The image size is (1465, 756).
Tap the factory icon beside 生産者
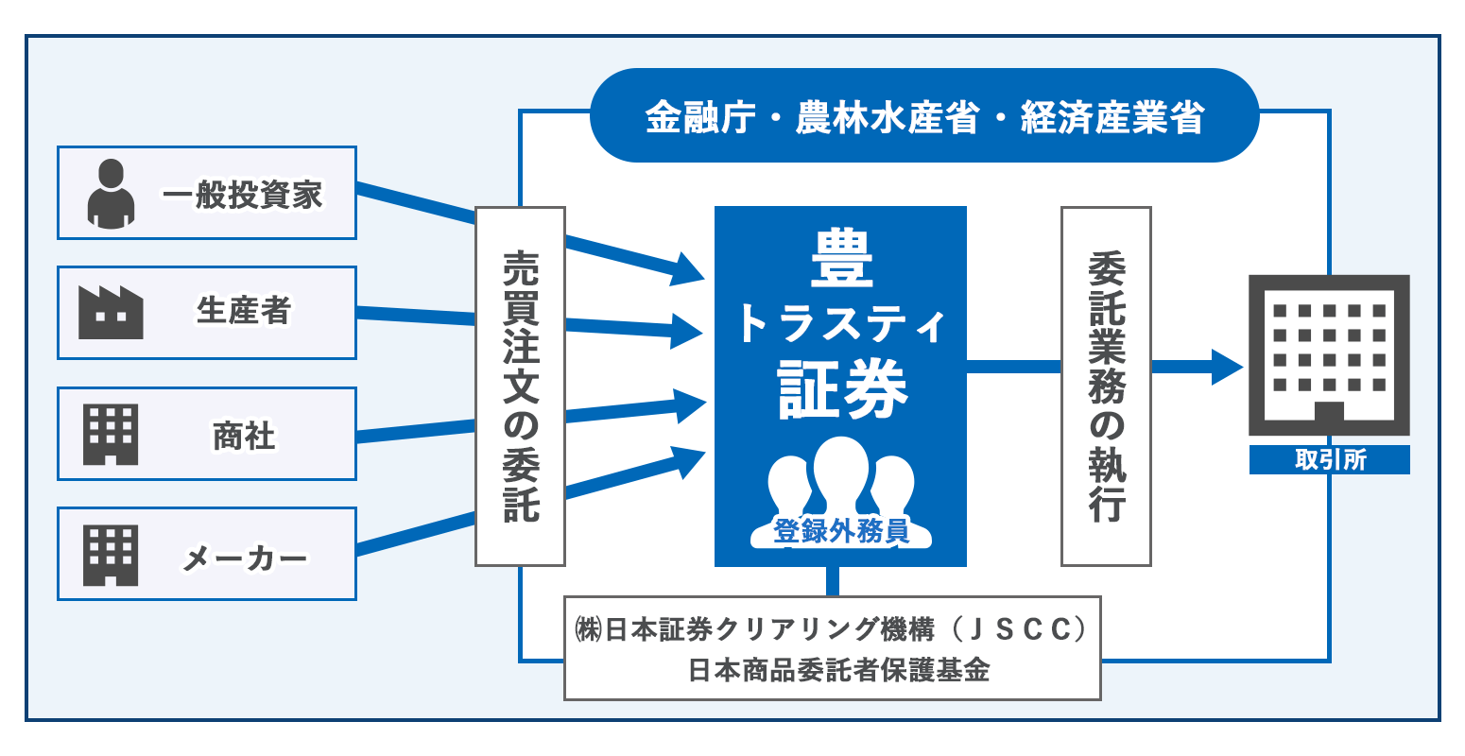[111, 313]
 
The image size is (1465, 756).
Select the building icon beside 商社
[111, 435]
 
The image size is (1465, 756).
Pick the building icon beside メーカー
[111, 555]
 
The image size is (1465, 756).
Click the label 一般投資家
[243, 195]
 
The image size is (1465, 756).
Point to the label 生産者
[243, 312]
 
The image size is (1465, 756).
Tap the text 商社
[244, 436]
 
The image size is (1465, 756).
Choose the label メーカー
[244, 558]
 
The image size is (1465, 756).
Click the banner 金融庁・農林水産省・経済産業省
[923, 116]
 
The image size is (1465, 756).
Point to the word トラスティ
[840, 324]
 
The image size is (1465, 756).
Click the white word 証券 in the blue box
[841, 389]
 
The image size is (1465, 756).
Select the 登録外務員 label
[841, 531]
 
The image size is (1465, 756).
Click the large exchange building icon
[1329, 354]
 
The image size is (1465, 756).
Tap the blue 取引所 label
[1329, 460]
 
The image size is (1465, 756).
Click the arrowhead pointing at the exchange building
[1226, 367]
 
